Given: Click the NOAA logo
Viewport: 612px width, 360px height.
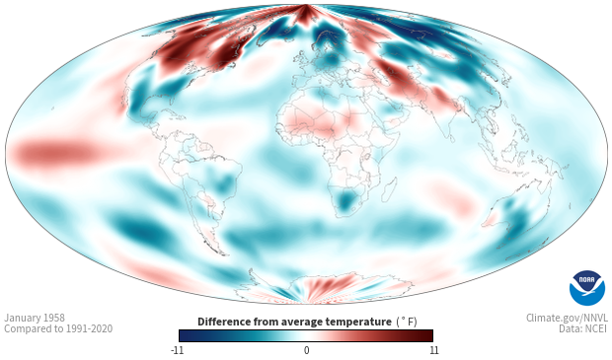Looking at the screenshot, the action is pyautogui.click(x=587, y=288).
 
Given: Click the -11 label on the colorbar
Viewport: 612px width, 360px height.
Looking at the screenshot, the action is pyautogui.click(x=177, y=350).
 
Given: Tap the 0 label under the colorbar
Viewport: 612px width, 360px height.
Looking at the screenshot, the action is pyautogui.click(x=306, y=350).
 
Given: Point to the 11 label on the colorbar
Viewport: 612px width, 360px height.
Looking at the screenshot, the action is pyautogui.click(x=434, y=350).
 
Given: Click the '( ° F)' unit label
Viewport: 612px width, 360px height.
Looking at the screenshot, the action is pyautogui.click(x=407, y=323).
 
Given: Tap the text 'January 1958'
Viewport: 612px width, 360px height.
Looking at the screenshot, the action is pyautogui.click(x=35, y=318).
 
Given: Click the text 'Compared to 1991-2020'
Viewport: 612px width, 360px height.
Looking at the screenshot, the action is pyautogui.click(x=58, y=328).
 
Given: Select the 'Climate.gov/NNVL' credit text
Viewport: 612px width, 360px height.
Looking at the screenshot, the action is pyautogui.click(x=567, y=318).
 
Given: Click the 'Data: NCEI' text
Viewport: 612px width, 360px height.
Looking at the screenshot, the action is pyautogui.click(x=583, y=328).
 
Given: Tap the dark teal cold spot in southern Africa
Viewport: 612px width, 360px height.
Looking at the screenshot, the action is pyautogui.click(x=345, y=201).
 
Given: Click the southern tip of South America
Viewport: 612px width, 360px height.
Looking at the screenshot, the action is pyautogui.click(x=223, y=253).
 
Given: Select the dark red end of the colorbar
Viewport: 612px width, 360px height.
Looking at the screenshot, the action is pyautogui.click(x=425, y=335).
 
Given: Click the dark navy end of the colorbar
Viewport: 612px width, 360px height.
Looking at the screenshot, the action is pyautogui.click(x=187, y=335).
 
